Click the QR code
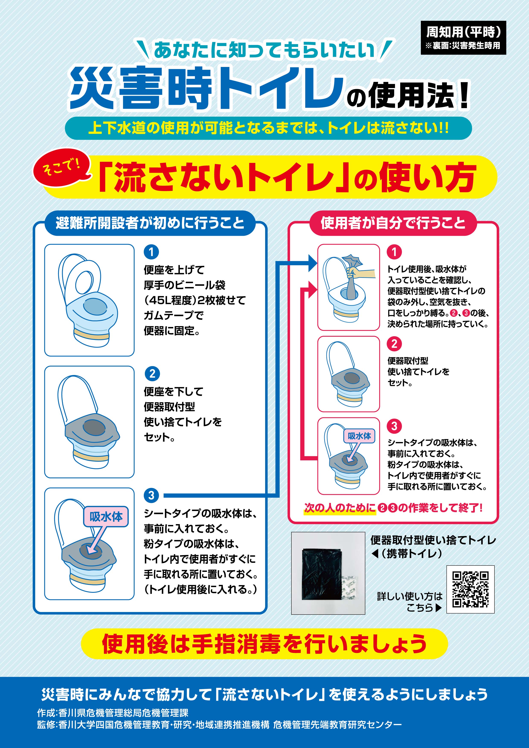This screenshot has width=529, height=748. click(x=470, y=589)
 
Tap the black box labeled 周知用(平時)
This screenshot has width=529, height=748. click(x=463, y=38)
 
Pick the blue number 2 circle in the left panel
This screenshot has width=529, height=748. click(x=152, y=374)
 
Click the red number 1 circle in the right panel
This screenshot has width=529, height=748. click(x=394, y=252)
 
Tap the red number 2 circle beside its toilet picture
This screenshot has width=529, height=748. click(x=394, y=344)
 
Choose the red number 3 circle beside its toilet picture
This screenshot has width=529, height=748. click(x=394, y=426)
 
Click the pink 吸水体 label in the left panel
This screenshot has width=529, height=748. click(x=106, y=516)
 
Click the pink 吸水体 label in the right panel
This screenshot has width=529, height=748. click(x=359, y=436)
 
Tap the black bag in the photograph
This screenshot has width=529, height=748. click(x=323, y=574)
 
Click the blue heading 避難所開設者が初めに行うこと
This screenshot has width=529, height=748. click(x=150, y=223)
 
